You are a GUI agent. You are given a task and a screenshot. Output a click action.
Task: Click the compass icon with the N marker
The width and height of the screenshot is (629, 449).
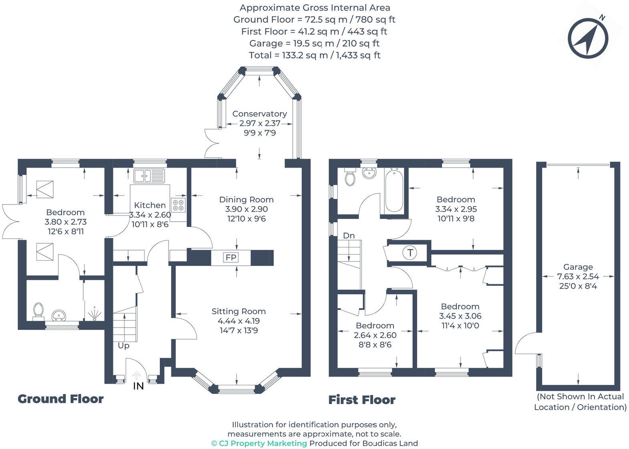pos(587,39)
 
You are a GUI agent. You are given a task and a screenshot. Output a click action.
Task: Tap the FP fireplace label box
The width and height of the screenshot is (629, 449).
pos(231,257)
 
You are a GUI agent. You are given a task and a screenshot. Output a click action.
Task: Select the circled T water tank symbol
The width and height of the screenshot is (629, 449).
pos(410,253)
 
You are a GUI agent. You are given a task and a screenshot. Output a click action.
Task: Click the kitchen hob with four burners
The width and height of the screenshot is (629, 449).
pos(179,205)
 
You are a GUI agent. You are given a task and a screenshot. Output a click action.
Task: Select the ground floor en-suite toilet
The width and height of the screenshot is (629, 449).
pos(38,310)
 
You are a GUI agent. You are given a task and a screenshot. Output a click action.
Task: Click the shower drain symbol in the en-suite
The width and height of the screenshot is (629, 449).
pos(94,314)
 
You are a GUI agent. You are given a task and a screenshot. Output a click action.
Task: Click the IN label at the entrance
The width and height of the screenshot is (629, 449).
pos(138,386)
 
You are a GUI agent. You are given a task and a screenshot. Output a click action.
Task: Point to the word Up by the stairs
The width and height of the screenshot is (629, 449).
pos(123,346)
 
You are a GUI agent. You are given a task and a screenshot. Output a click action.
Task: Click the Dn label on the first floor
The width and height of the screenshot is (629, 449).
pos(349,236)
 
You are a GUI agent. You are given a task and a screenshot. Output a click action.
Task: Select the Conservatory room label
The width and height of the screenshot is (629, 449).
pos(259,114)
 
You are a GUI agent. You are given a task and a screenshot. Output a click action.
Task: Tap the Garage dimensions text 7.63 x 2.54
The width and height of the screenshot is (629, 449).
pos(578,277)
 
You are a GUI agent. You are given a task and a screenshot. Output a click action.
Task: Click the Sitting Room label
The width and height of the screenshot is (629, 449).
pos(239,311)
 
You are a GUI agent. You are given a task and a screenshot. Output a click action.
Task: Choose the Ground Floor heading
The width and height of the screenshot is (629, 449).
pos(60,399)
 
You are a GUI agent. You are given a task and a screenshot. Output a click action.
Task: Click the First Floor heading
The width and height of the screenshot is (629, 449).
pos(362,400)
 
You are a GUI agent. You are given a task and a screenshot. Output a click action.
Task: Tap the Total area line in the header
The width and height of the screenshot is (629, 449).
pos(314,55)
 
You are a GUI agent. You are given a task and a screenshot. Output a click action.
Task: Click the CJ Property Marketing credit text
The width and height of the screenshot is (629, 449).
pos(259,443)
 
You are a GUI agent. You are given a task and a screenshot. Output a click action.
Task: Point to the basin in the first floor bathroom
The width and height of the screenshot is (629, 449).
pos(369,173)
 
